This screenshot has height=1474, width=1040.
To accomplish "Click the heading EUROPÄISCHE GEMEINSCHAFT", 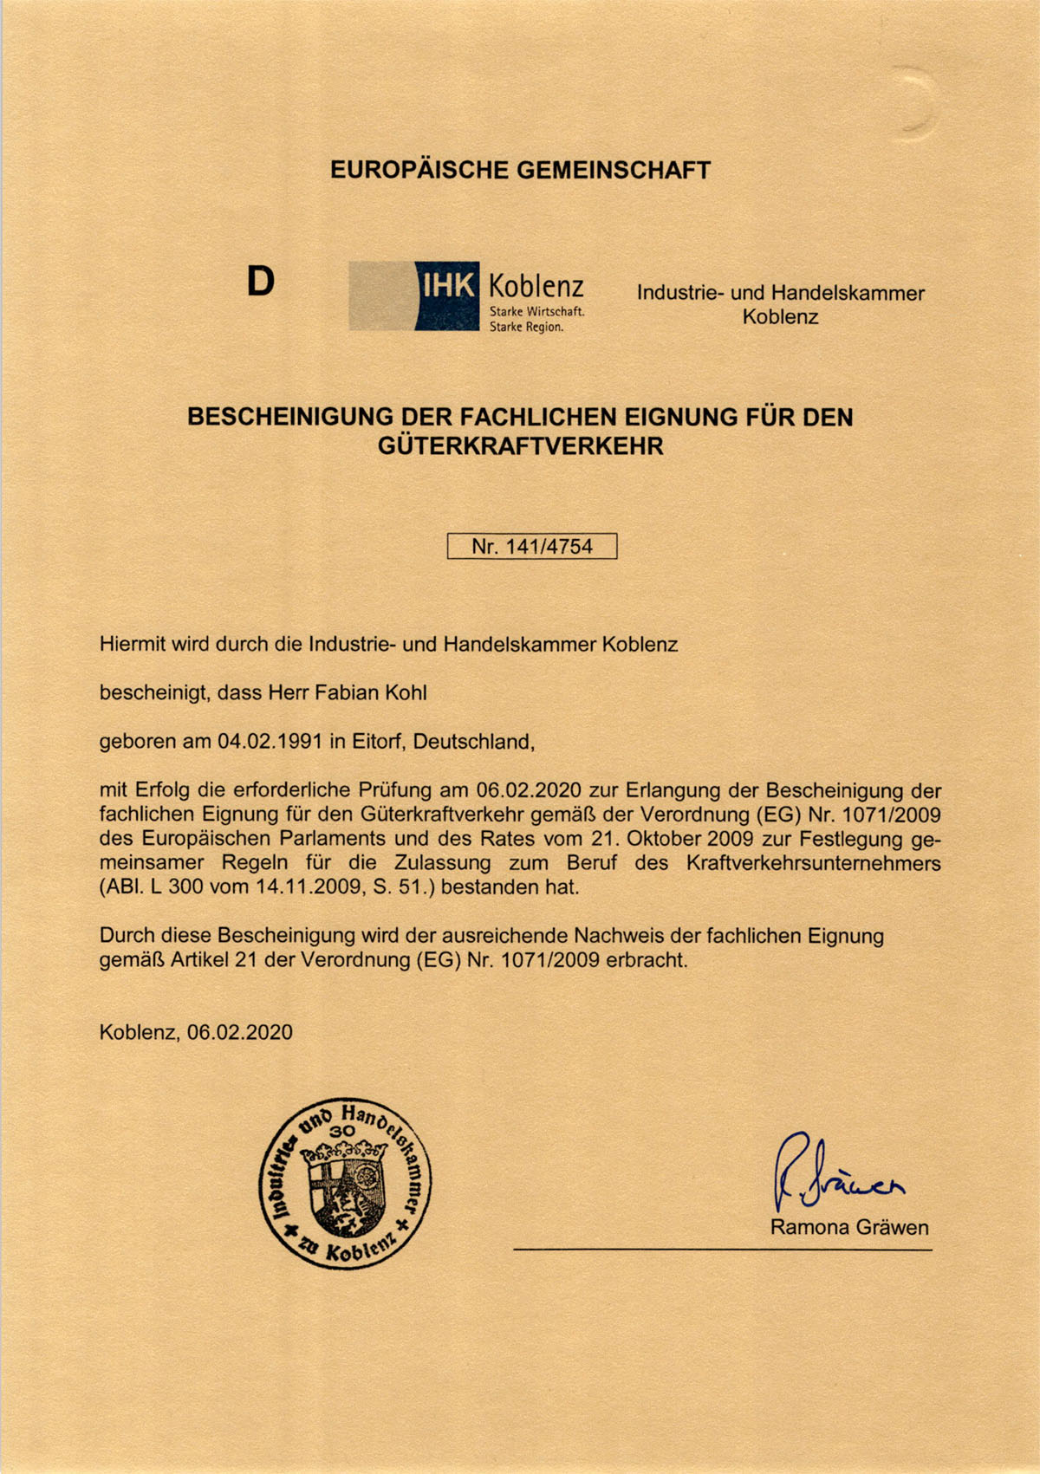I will tap(520, 170).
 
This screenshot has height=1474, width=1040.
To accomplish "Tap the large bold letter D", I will tap(260, 281).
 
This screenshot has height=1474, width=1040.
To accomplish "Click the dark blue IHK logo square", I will tap(446, 295).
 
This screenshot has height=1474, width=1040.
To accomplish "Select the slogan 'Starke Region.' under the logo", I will tap(527, 328).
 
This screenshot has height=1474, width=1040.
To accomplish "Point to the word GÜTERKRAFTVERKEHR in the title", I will tap(520, 446).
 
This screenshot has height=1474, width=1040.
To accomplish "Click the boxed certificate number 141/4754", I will tap(531, 547).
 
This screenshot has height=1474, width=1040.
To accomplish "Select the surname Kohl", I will tap(406, 693).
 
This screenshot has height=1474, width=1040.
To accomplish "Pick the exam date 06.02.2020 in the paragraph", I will tap(530, 790).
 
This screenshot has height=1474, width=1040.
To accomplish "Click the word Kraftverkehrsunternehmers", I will tap(813, 863).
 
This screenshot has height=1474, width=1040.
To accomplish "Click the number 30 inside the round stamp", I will tap(343, 1131).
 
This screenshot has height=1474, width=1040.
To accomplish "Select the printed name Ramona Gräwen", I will tap(848, 1227).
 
